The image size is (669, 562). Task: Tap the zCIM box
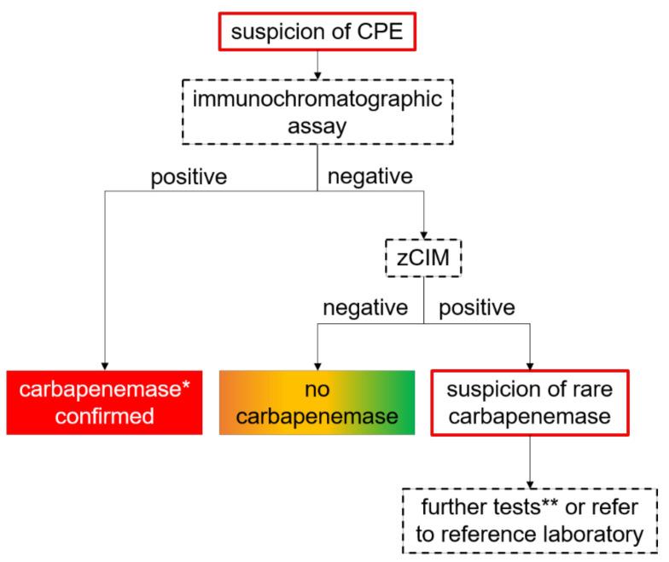(x=423, y=255)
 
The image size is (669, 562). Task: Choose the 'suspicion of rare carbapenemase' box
(x=530, y=402)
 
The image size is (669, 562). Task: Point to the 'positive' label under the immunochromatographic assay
(x=190, y=177)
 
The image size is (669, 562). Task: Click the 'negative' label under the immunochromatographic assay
(x=370, y=177)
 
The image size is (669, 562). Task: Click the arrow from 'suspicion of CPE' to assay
(x=317, y=66)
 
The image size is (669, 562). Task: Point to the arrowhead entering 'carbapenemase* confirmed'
(x=104, y=363)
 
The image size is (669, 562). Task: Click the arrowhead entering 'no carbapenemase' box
(x=317, y=363)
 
